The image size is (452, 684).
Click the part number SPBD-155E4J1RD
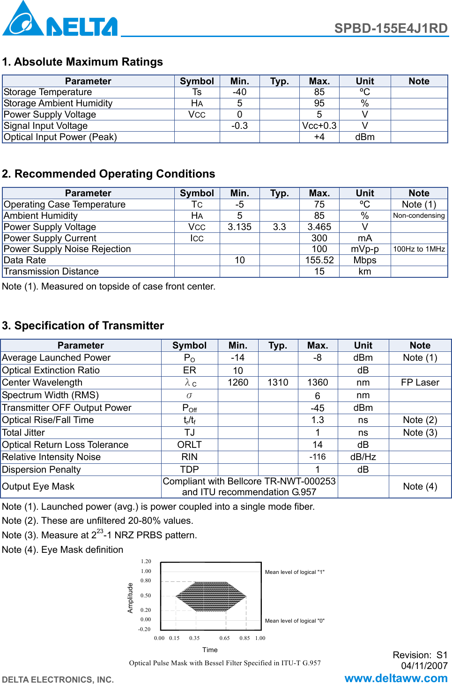tap(391, 29)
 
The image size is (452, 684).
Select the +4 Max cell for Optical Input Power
tap(319, 137)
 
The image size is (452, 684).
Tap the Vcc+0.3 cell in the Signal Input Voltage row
tap(319, 126)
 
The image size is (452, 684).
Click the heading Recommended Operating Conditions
tap(109, 174)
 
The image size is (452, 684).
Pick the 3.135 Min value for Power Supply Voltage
tap(239, 227)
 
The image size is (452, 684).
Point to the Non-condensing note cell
tap(419, 216)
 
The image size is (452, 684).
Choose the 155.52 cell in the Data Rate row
tap(319, 260)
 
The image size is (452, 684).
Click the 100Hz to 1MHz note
tap(419, 249)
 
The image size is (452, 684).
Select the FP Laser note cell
tap(420, 383)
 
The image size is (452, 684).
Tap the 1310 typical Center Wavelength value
tap(278, 383)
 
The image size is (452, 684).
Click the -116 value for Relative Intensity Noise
tap(317, 457)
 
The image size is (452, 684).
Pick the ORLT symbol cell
tap(189, 445)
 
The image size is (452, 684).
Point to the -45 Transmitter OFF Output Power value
tap(317, 408)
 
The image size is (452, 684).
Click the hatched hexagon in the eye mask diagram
tap(211, 596)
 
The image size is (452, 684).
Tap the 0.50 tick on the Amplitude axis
tap(146, 596)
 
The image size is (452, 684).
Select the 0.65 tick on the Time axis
tap(224, 638)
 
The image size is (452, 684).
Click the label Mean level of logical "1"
tap(295, 572)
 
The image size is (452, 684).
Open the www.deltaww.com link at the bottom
tap(396, 678)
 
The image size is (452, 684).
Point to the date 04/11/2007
tap(424, 666)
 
